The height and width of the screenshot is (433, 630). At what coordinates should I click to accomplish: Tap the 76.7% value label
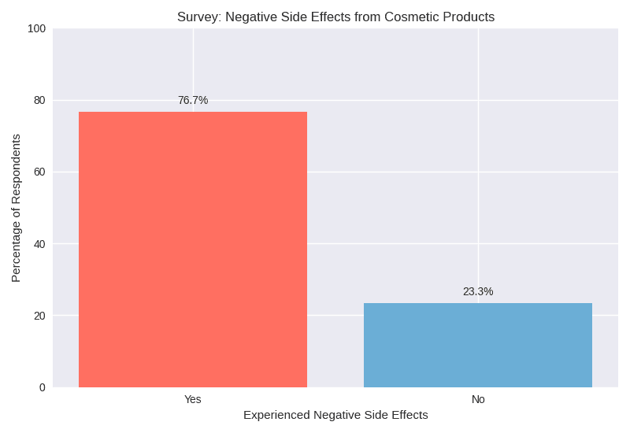pyautogui.click(x=193, y=100)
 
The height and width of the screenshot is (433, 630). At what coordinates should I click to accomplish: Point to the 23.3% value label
pyautogui.click(x=478, y=291)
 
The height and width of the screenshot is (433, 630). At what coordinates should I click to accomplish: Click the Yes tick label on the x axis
pyautogui.click(x=193, y=399)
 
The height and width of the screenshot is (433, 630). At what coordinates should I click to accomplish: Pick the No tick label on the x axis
pyautogui.click(x=478, y=399)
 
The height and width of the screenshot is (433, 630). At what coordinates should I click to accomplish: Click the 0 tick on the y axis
pyautogui.click(x=42, y=387)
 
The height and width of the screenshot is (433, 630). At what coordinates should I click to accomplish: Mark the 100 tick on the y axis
pyautogui.click(x=36, y=29)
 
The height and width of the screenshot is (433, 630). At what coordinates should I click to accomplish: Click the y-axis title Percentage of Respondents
pyautogui.click(x=16, y=208)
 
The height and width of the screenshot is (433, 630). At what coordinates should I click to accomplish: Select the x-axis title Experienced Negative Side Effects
pyautogui.click(x=335, y=415)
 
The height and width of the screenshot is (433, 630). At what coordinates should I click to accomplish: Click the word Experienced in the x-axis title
pyautogui.click(x=276, y=415)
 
